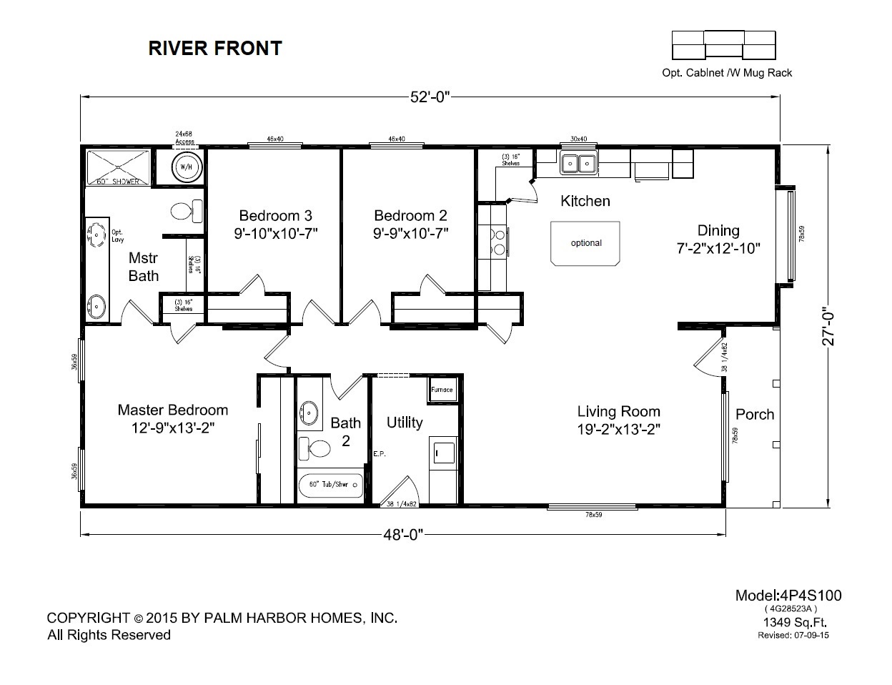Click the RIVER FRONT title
(214, 48)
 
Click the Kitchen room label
(585, 201)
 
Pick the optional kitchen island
(585, 243)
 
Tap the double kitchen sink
(578, 164)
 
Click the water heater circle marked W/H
(185, 167)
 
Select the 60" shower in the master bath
(118, 168)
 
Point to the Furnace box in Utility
(441, 390)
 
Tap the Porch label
(755, 414)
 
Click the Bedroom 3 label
(275, 215)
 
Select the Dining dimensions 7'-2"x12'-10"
(718, 249)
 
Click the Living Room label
(618, 411)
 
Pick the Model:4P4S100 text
(788, 596)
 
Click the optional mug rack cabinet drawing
(724, 44)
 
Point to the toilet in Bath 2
(314, 448)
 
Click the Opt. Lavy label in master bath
(117, 235)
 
